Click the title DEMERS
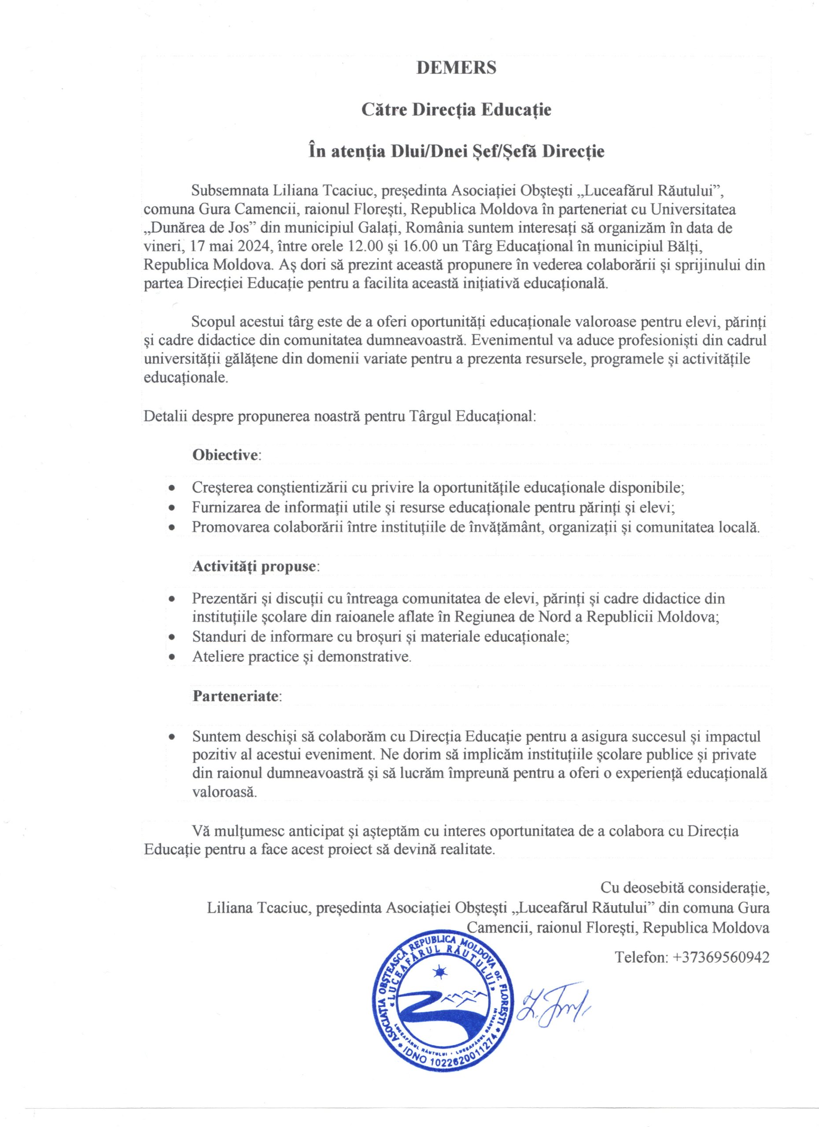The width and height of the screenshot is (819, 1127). (456, 68)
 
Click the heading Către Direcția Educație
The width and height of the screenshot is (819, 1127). (456, 109)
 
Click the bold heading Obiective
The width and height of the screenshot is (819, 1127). (225, 455)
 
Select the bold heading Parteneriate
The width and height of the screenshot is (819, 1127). (236, 696)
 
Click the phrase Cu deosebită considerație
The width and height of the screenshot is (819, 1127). (685, 887)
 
